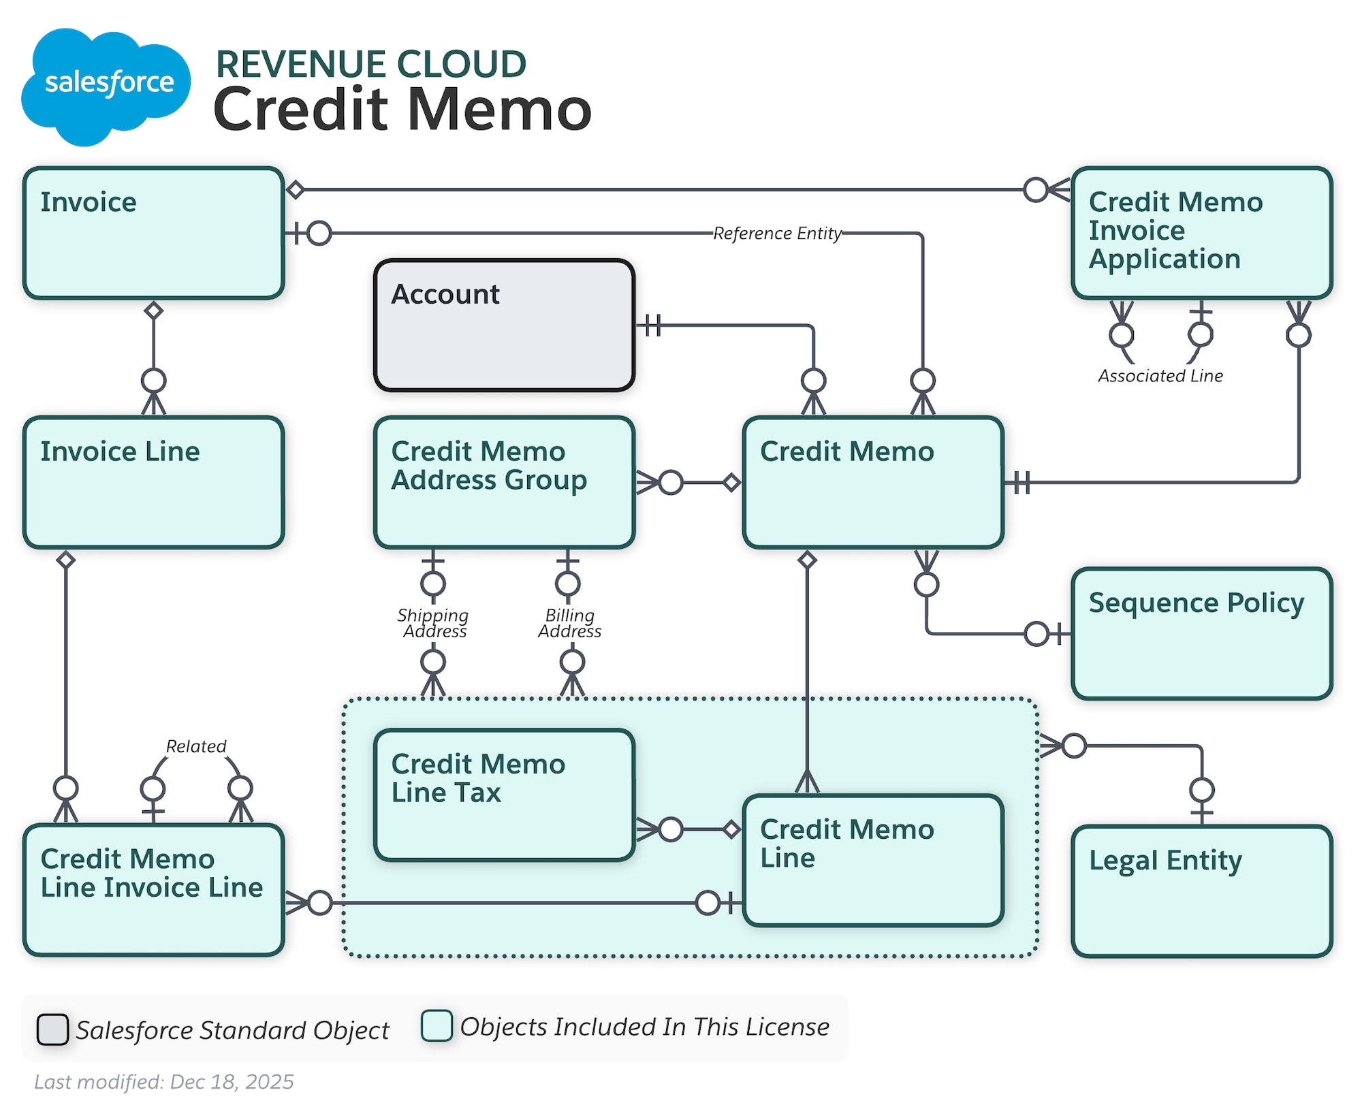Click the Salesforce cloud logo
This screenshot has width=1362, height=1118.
[106, 85]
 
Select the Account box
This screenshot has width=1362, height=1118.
[504, 325]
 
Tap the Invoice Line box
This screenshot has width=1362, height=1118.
[153, 482]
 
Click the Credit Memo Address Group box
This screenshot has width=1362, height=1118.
[504, 482]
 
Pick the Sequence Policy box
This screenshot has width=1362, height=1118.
[1201, 633]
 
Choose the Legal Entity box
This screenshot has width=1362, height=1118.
[1201, 891]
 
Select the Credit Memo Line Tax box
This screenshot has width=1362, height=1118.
[504, 795]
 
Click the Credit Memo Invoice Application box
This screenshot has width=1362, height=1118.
[1201, 233]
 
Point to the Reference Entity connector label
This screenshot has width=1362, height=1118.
[777, 234]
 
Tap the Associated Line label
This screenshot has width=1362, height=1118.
[1160, 376]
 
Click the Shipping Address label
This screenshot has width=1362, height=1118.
[433, 623]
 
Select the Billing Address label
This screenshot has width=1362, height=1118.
[570, 623]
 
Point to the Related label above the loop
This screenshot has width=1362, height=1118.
[196, 746]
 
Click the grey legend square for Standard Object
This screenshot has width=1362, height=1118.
[52, 1029]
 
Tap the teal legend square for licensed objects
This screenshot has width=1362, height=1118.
[437, 1025]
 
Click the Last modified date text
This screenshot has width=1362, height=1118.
[164, 1082]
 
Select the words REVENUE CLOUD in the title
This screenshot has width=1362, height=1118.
[371, 64]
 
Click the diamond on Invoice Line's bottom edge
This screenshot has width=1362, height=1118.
[65, 560]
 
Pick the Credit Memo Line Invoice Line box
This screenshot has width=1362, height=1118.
[153, 890]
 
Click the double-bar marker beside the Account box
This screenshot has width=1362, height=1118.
[652, 325]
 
